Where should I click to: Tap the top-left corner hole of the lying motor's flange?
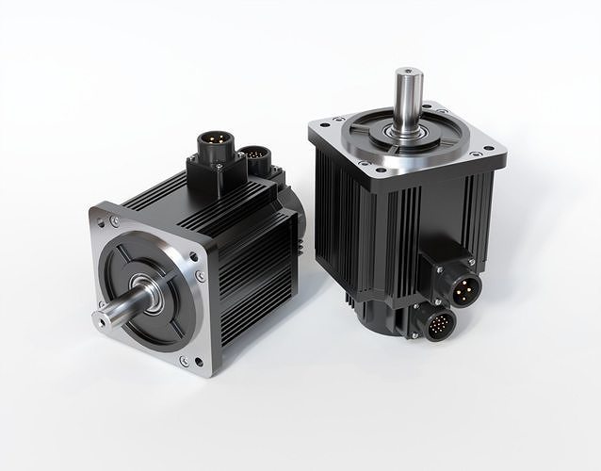coord(114,222)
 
